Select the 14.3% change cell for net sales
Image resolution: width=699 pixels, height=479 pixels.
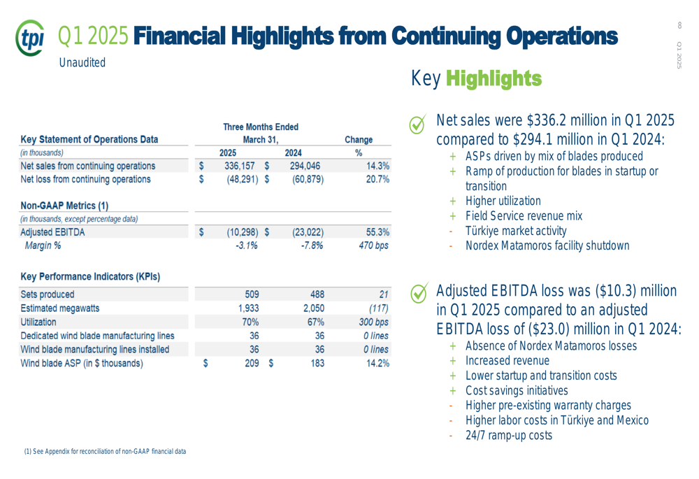374,166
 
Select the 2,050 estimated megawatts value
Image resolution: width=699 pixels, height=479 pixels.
312,308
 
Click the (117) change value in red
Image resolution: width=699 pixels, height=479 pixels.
377,308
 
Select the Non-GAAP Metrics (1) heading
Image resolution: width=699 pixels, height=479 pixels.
64,206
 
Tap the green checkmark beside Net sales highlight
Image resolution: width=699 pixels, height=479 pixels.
417,124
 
